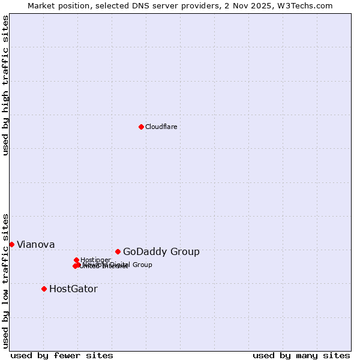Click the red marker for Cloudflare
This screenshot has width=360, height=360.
[141, 127]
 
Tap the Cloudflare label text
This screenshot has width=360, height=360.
[161, 127]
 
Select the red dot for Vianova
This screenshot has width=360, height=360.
[11, 244]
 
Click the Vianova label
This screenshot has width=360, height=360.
[36, 244]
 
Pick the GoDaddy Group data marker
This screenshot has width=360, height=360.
[118, 251]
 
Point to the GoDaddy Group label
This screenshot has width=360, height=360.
[161, 251]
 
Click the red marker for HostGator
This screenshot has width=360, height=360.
[44, 289]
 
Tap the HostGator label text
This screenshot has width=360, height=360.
[73, 289]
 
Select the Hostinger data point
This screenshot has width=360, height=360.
[76, 260]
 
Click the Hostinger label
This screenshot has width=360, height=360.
[95, 260]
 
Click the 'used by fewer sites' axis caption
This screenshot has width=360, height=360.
[62, 355]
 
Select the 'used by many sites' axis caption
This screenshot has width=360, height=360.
[301, 355]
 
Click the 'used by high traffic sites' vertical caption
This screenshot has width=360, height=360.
[5, 85]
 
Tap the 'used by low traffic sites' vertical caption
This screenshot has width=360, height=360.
[5, 281]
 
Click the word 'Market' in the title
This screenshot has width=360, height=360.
[42, 5]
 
